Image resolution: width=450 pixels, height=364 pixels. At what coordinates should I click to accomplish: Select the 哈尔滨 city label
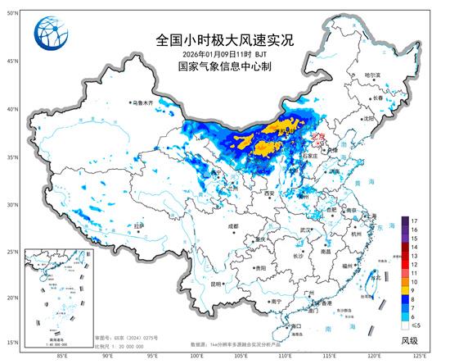click(x=372, y=75)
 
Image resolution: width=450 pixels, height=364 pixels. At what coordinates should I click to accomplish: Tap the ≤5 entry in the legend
click(x=416, y=327)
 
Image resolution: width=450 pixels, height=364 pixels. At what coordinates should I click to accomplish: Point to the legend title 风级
click(x=409, y=340)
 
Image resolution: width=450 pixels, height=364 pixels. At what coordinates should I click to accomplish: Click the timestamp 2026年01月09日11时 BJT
click(x=213, y=54)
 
